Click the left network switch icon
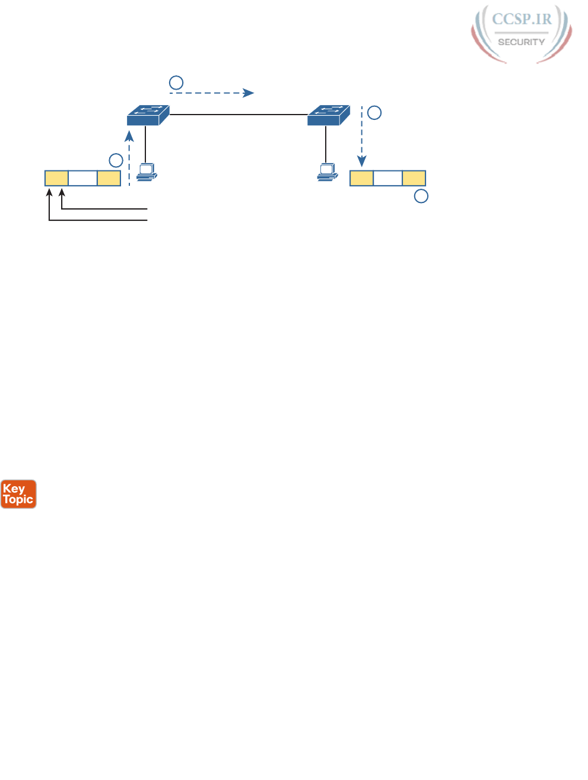(148, 115)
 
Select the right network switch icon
(328, 115)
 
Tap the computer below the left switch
(147, 172)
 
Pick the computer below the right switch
(327, 172)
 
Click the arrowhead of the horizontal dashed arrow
(249, 93)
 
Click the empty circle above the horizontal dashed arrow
(176, 82)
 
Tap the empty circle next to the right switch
(374, 113)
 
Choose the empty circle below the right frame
(421, 196)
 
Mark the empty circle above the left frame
(116, 160)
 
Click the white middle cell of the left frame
(82, 178)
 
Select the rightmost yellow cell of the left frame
(109, 178)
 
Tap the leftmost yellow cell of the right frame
(361, 178)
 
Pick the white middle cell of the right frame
(387, 178)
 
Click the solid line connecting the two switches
(237, 115)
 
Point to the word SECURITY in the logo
(521, 42)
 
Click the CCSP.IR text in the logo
(522, 19)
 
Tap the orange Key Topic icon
(18, 494)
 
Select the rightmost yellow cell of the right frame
(414, 178)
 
